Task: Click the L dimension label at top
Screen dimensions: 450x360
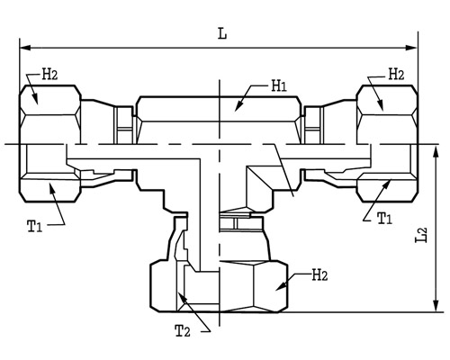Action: (222, 34)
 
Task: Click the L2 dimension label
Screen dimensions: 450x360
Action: (420, 235)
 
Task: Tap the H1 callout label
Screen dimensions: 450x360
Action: (279, 86)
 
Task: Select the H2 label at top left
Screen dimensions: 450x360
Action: (49, 74)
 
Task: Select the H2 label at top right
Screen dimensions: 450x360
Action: (396, 74)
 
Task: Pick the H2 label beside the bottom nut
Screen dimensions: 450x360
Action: (319, 275)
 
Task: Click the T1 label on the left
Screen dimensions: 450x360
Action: (35, 226)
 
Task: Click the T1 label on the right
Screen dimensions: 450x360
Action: (384, 218)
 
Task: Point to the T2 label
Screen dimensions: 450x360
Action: (183, 331)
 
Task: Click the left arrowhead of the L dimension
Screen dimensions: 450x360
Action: (25, 48)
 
